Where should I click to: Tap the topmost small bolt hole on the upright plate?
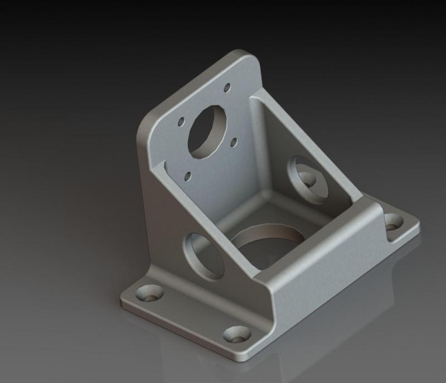pyautogui.click(x=227, y=88)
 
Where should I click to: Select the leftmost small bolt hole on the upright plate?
pyautogui.click(x=181, y=121)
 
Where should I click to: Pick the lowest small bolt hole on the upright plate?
pyautogui.click(x=188, y=176)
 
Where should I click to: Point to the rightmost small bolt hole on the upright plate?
pyautogui.click(x=234, y=142)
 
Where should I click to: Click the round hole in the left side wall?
pyautogui.click(x=203, y=256)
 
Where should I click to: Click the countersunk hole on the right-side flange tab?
pyautogui.click(x=394, y=221)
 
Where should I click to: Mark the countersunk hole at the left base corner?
pyautogui.click(x=151, y=292)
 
